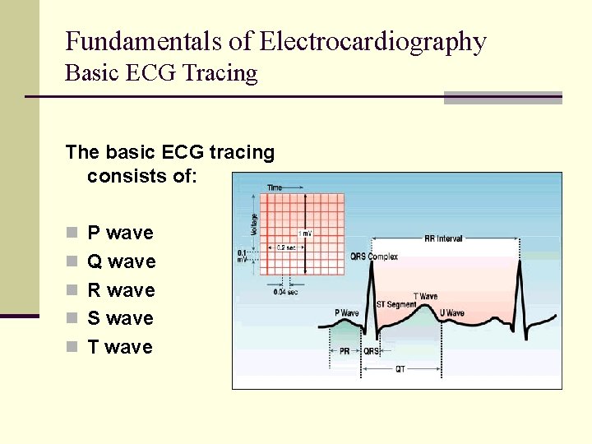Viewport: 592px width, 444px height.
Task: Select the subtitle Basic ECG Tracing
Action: (x=161, y=73)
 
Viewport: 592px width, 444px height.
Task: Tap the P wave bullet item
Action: (x=120, y=234)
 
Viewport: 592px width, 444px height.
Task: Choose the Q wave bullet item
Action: (x=121, y=262)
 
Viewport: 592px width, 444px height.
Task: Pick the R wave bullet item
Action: (x=121, y=290)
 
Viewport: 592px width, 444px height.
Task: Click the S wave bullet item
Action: (x=120, y=318)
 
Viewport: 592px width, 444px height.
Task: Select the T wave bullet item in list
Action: (x=120, y=347)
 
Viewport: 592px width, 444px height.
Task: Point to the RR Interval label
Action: (x=443, y=238)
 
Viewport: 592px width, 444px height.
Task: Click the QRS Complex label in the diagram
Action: (x=374, y=257)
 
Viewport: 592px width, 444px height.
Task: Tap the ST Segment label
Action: (x=396, y=304)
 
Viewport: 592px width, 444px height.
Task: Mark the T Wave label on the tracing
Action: (x=425, y=296)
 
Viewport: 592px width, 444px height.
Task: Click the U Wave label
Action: (x=451, y=313)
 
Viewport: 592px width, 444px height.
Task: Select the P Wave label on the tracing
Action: (x=347, y=313)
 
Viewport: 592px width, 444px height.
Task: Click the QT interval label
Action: (x=400, y=369)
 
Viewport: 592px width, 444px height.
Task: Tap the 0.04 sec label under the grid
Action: (x=285, y=290)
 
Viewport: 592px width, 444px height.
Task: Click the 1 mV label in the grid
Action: (x=305, y=234)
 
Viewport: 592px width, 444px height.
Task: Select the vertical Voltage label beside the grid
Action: (x=254, y=224)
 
